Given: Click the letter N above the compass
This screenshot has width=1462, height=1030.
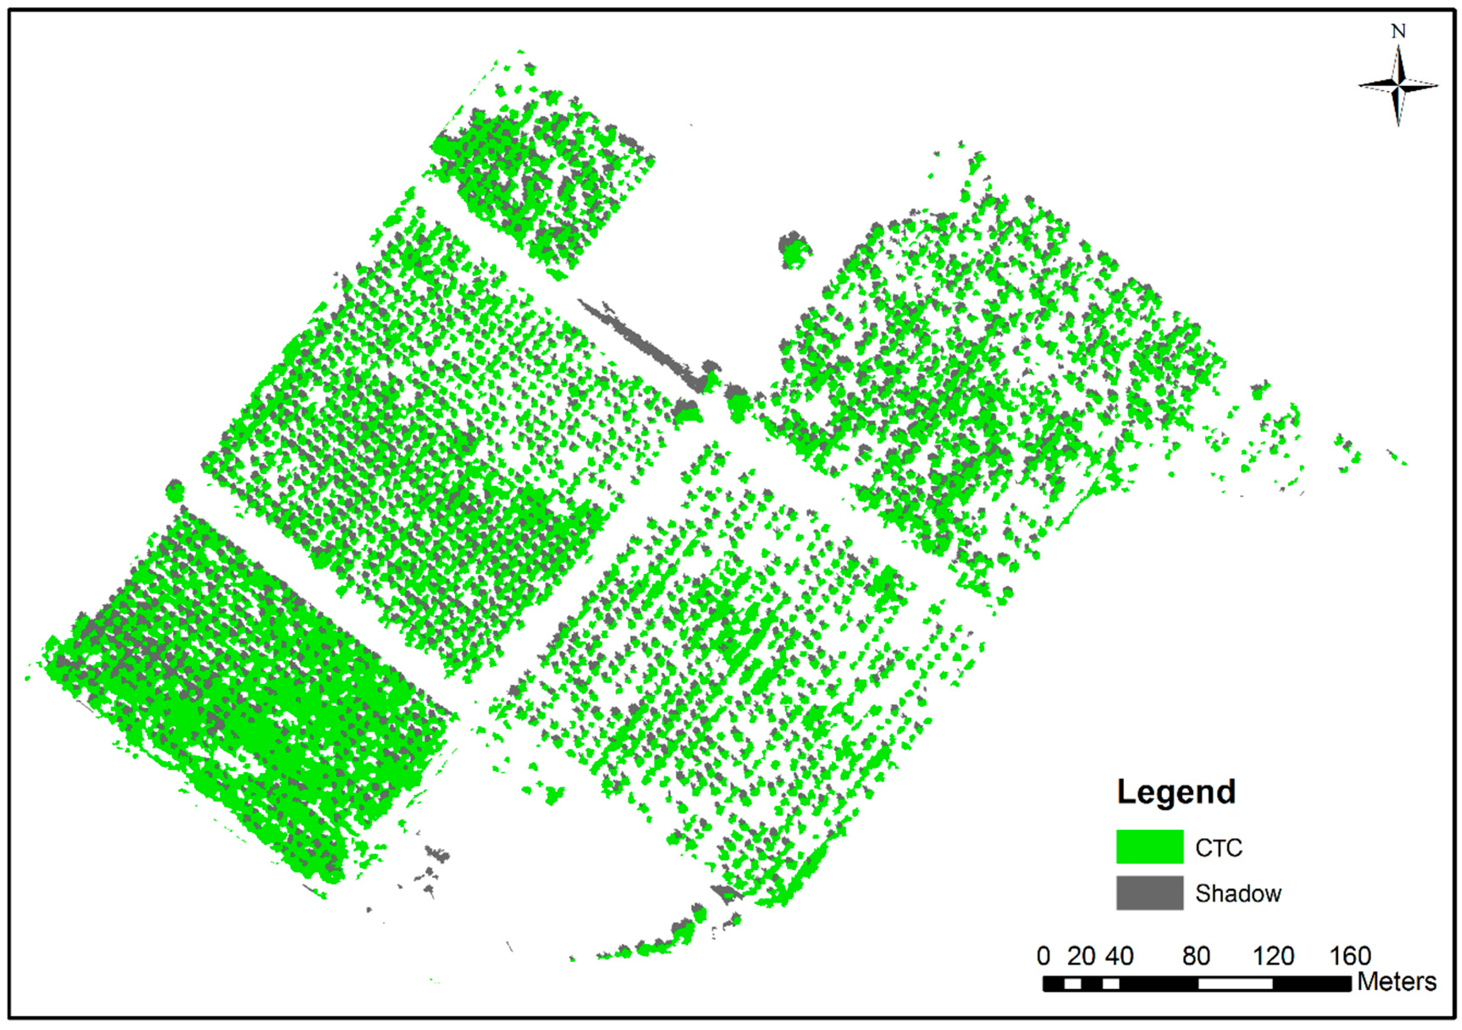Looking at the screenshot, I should (1398, 31).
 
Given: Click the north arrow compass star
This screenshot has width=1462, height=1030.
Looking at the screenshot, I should (1398, 85).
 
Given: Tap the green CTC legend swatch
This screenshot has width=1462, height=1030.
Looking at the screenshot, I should (1150, 847).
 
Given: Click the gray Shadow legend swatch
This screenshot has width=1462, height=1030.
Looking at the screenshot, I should (1150, 893).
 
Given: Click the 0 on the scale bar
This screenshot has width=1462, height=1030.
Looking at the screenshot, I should (1043, 956).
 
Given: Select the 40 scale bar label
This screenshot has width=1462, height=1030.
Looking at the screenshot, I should (1119, 956).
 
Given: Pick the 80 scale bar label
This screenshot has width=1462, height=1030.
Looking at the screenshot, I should (1196, 956).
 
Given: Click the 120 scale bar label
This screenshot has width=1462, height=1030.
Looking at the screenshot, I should (1273, 956).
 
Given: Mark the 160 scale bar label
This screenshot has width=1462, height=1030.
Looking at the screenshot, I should (1350, 956).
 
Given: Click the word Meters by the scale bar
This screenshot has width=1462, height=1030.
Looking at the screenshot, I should (1397, 982).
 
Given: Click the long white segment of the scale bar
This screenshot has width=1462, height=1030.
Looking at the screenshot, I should (1235, 983).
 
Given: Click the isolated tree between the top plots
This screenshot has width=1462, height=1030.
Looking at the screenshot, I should (793, 250).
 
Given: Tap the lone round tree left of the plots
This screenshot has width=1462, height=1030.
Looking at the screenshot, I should (174, 491).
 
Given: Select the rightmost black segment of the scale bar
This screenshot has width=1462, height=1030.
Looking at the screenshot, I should (1312, 983).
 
